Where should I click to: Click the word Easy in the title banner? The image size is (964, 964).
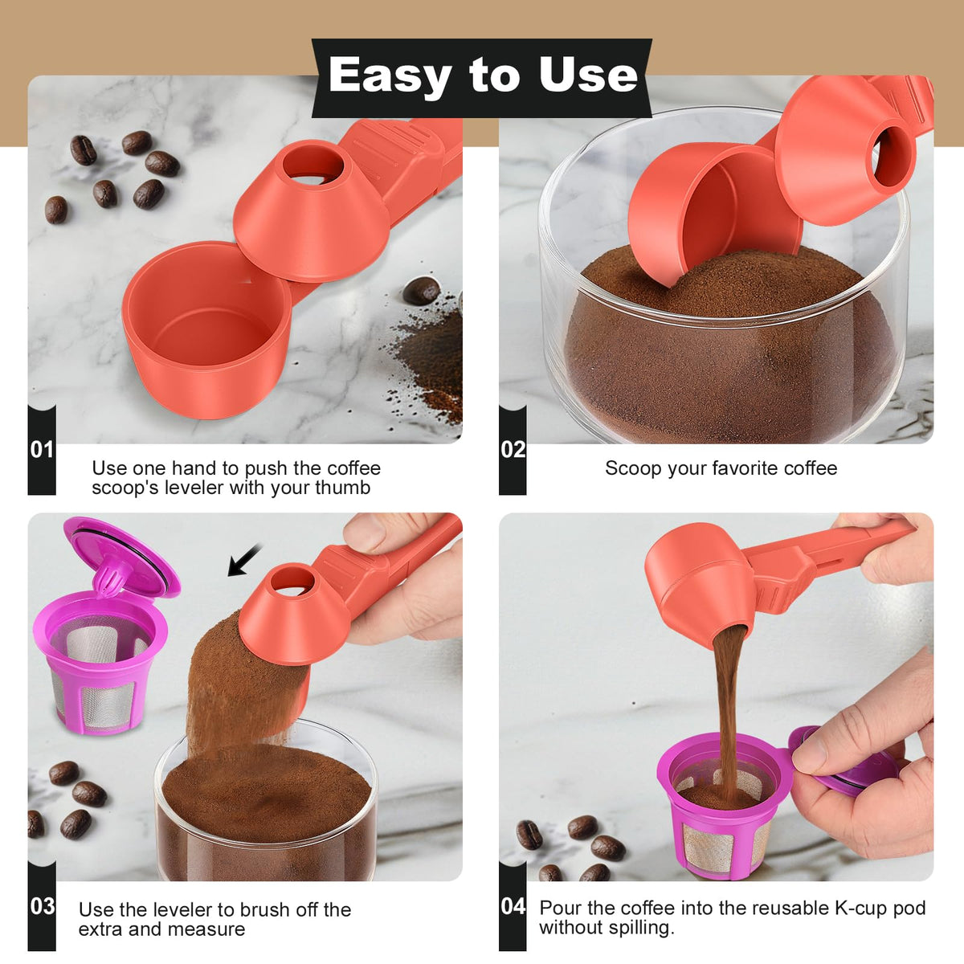click(390, 76)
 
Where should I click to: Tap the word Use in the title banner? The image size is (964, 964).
click(588, 74)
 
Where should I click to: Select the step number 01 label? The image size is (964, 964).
click(42, 450)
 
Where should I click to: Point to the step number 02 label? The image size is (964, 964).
click(513, 450)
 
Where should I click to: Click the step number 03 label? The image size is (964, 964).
click(42, 906)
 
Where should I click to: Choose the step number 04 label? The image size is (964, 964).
click(513, 906)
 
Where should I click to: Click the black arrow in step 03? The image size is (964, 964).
click(244, 560)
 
